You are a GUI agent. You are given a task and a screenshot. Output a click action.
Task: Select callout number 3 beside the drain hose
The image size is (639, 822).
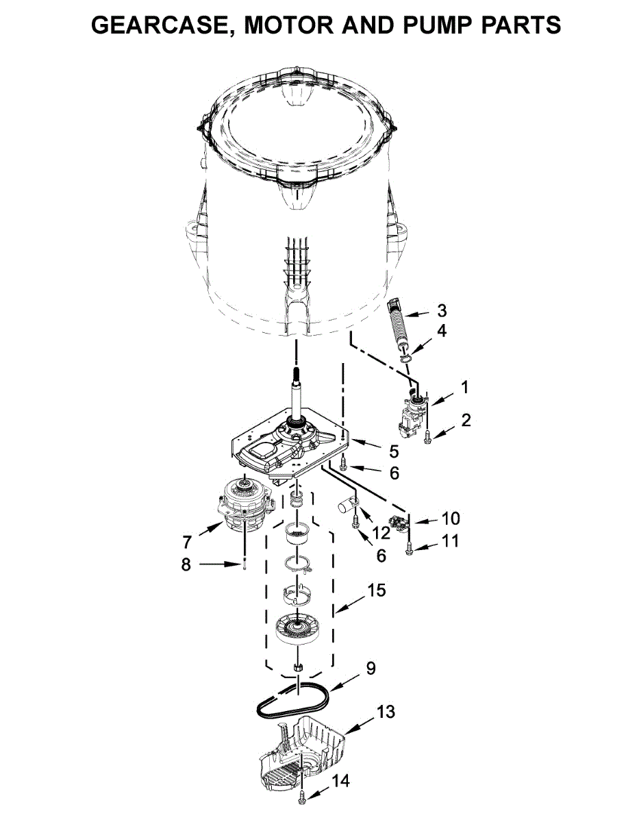442,310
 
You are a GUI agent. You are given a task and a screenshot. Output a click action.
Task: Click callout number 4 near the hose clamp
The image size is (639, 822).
442,330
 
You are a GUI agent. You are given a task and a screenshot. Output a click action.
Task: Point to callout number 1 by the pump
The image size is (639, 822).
465,387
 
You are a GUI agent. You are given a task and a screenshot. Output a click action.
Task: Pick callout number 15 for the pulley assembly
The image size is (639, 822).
376,590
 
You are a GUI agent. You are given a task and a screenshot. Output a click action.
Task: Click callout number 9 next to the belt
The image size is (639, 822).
371,668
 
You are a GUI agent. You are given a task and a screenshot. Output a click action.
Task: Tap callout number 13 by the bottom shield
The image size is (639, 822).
386,712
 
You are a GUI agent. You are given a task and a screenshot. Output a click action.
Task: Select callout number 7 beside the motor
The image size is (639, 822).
187,543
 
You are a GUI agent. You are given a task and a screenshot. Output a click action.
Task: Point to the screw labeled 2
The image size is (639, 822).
427,438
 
